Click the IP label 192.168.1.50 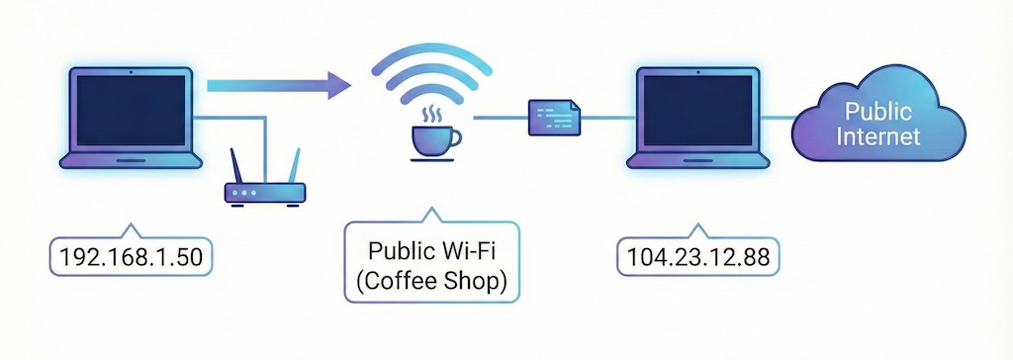(132, 257)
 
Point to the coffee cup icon (431, 141)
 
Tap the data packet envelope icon (553, 118)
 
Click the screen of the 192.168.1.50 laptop (132, 110)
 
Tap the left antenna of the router (235, 165)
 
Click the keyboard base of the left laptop (132, 160)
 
